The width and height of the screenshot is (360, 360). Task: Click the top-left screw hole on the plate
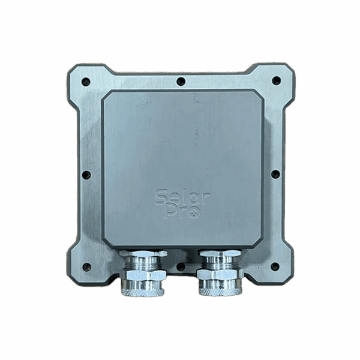[x=86, y=81]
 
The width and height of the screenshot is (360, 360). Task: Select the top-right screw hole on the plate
[x=276, y=80]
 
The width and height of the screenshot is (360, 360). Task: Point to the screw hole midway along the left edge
[x=86, y=175]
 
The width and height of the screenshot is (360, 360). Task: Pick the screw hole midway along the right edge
[x=275, y=174]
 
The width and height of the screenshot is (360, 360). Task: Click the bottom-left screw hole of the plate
[x=86, y=267]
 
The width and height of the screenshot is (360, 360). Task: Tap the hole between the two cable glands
[x=181, y=266]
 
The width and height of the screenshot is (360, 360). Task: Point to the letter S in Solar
[x=161, y=197]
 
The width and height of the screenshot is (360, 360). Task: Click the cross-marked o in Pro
[x=193, y=213]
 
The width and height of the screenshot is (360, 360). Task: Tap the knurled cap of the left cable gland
[x=143, y=288]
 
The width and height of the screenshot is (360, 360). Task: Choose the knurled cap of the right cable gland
[x=220, y=288]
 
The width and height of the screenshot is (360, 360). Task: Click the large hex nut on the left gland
[x=143, y=275]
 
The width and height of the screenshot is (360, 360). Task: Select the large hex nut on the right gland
[x=220, y=275]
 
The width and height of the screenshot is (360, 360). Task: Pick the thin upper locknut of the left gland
[x=143, y=254]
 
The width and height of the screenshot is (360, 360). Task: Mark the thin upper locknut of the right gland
[x=220, y=254]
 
